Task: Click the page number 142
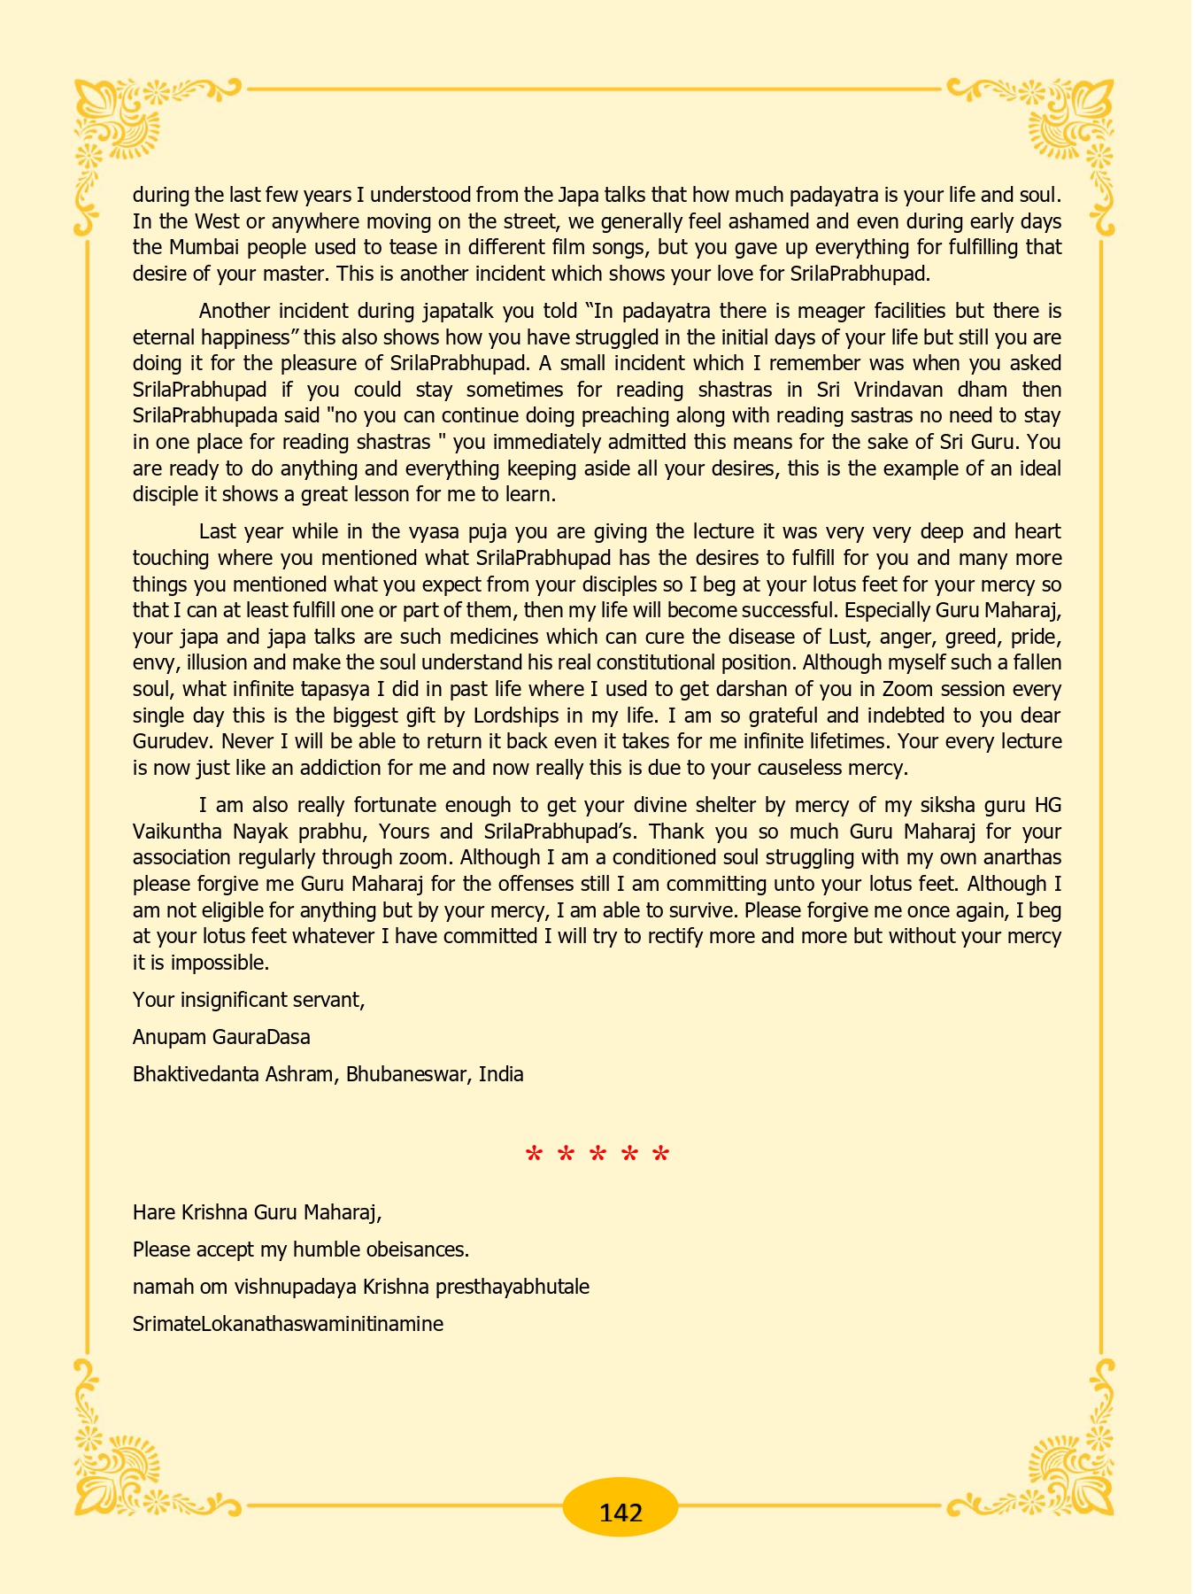click(621, 1511)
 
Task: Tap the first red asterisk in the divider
click(534, 1156)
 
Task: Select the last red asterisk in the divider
click(660, 1156)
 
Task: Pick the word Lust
click(846, 637)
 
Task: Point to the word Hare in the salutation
click(152, 1211)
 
